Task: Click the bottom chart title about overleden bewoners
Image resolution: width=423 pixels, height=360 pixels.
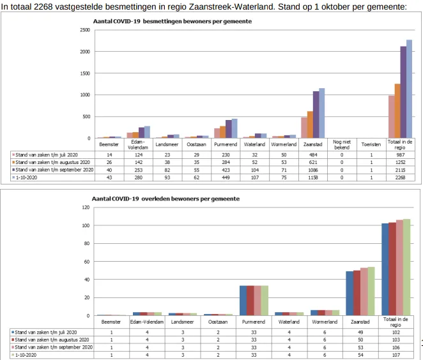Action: pos(166,199)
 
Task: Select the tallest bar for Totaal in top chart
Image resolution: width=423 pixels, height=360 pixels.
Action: pos(410,89)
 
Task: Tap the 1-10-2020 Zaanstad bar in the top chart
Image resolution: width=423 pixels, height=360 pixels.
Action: pos(322,113)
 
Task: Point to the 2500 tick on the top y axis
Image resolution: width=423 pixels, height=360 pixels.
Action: pos(84,30)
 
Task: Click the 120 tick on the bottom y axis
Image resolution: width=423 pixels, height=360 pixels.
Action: pos(84,207)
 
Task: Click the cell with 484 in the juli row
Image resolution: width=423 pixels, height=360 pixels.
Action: pos(313,154)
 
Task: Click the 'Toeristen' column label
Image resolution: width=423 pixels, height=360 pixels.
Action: pos(371,144)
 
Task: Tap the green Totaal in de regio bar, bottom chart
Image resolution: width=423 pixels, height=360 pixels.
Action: pos(406,267)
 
